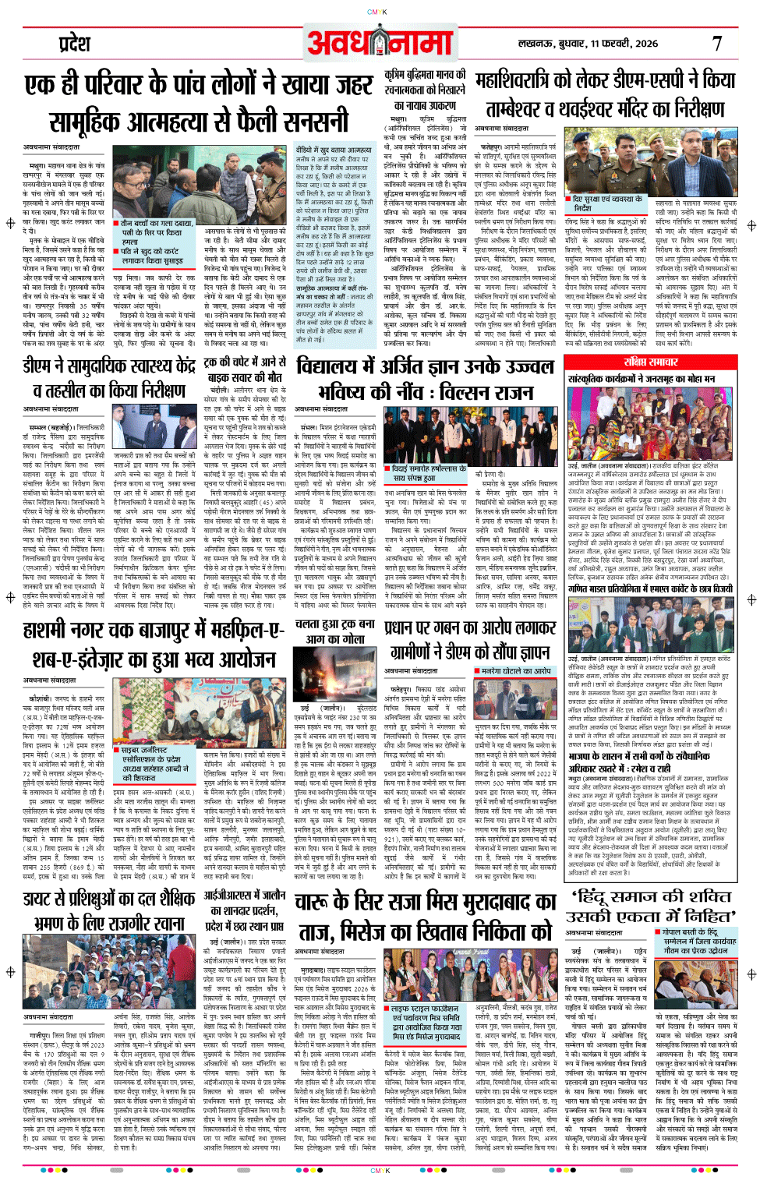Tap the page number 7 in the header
[x=716, y=44]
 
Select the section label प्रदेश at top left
[x=75, y=44]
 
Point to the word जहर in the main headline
[x=343, y=85]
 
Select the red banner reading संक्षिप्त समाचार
[x=650, y=362]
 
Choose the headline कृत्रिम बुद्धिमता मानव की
[x=425, y=76]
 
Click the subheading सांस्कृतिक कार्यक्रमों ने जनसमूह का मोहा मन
[x=641, y=379]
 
